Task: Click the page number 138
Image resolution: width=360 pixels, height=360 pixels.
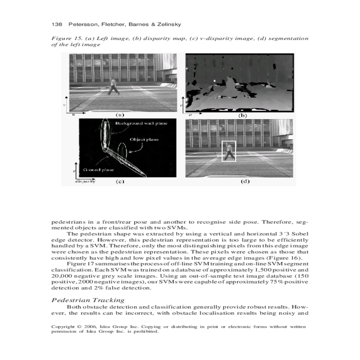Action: pos(57,24)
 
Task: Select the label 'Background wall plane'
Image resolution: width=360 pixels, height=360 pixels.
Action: pos(141,123)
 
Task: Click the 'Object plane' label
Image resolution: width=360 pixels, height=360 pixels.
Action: pos(144,139)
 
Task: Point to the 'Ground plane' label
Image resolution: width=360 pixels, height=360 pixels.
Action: pos(98,170)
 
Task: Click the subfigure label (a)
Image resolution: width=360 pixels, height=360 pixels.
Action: pos(120,115)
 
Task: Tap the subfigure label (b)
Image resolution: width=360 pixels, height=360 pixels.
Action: pos(242,115)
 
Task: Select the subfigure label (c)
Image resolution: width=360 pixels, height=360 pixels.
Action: pos(120,181)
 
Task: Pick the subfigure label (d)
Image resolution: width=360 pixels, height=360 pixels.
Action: pos(245,181)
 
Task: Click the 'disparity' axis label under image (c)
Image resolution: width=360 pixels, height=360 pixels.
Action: pos(85,181)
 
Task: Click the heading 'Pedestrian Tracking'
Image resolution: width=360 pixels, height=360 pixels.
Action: pos(88,300)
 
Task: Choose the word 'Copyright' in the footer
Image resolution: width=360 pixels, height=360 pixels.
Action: pos(63,327)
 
